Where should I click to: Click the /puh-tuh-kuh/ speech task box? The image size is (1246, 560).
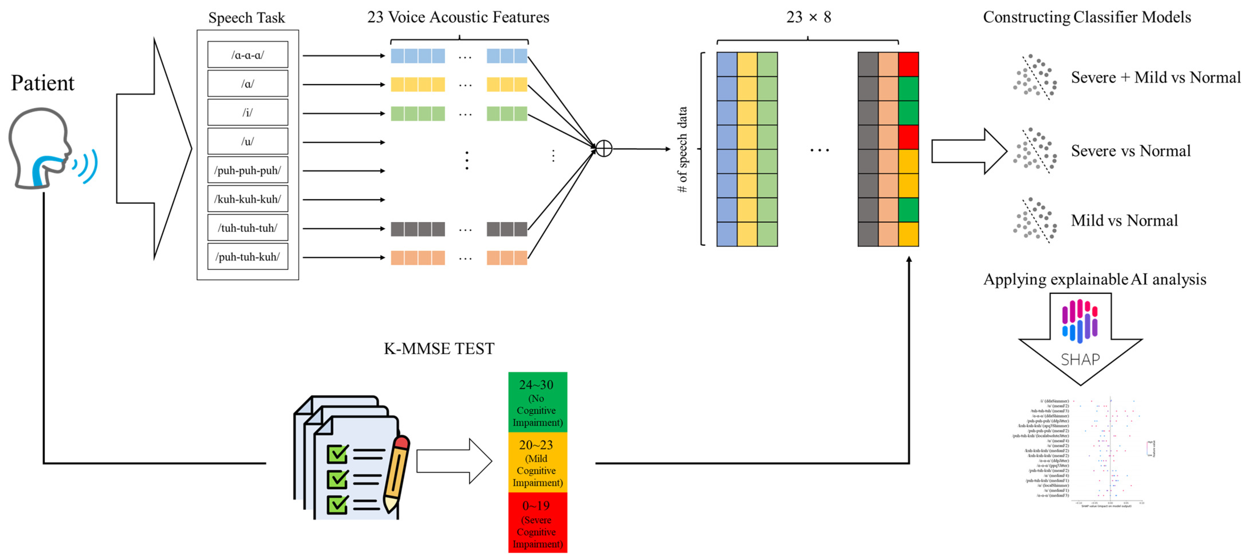pyautogui.click(x=248, y=257)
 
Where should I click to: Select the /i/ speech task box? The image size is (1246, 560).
pyautogui.click(x=248, y=113)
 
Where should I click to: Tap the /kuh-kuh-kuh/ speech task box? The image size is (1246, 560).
pyautogui.click(x=248, y=199)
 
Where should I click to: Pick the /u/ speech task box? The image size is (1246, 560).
pyautogui.click(x=248, y=142)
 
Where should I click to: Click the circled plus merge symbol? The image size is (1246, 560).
pyautogui.click(x=604, y=149)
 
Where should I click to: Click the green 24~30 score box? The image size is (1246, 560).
pyautogui.click(x=537, y=402)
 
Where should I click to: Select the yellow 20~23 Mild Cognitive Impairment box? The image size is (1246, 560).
pyautogui.click(x=537, y=463)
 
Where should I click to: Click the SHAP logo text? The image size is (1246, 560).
pyautogui.click(x=1080, y=360)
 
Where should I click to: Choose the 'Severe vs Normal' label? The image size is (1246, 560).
pyautogui.click(x=1130, y=151)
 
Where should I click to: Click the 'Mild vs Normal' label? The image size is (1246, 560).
pyautogui.click(x=1124, y=220)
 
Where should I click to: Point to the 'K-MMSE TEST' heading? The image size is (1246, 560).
pyautogui.click(x=439, y=349)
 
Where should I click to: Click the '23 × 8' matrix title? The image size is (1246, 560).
pyautogui.click(x=808, y=17)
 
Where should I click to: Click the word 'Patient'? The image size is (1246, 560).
pyautogui.click(x=43, y=83)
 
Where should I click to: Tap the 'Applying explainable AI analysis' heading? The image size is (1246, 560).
pyautogui.click(x=1095, y=279)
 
